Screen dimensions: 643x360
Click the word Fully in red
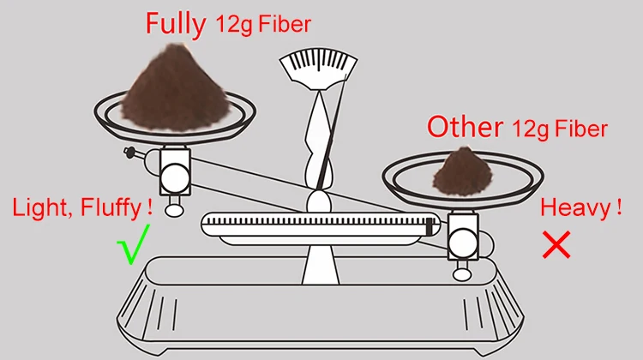coord(176,23)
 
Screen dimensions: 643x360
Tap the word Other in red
coord(464,128)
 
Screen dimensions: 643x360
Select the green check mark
coord(135,244)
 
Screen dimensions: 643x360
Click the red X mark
coord(556,245)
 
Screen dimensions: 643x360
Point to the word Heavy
coord(575,208)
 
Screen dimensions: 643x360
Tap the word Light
coord(41,207)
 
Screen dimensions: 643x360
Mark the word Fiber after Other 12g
coord(580,129)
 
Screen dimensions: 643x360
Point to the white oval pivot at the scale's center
coord(318,202)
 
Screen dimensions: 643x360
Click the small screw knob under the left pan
coord(129,153)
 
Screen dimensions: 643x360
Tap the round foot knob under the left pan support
coord(175,207)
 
